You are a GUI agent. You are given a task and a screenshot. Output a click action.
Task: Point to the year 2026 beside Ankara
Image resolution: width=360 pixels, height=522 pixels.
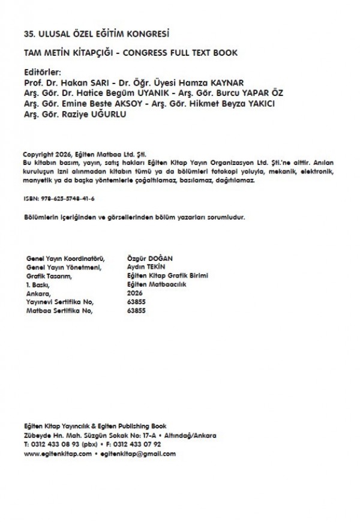pyautogui.click(x=136, y=293)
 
